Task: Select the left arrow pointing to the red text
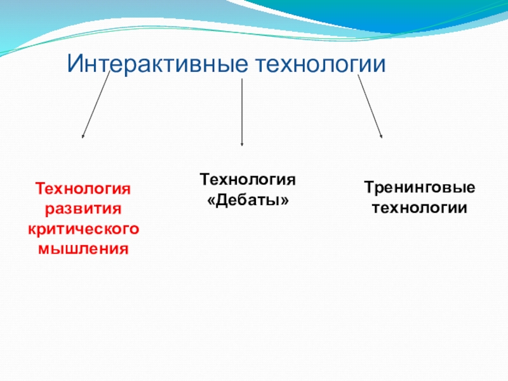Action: coord(96,105)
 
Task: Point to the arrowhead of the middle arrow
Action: coord(242,144)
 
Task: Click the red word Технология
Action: coord(83,189)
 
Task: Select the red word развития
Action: coord(83,208)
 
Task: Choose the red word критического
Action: coord(83,228)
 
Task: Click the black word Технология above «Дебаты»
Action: coord(248,179)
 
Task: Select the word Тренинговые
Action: coord(419,189)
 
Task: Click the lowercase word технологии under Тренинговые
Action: coord(419,208)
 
